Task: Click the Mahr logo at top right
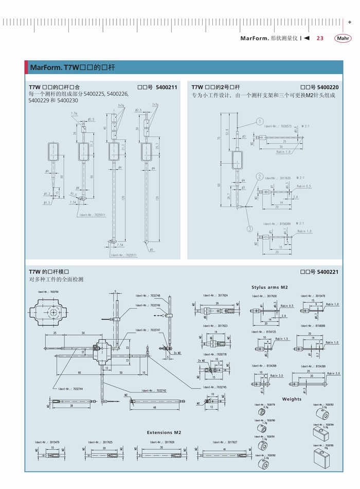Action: coord(343,39)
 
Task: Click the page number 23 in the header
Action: coord(319,39)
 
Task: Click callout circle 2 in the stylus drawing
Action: coord(260,176)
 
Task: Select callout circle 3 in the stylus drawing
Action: coord(249,228)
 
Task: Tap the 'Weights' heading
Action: coord(292,399)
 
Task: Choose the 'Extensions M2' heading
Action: coord(164,432)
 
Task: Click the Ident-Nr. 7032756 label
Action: coord(48,292)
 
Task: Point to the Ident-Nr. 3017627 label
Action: coord(226,442)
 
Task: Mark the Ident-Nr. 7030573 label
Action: coord(278,126)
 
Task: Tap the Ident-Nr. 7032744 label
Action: coord(70,389)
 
